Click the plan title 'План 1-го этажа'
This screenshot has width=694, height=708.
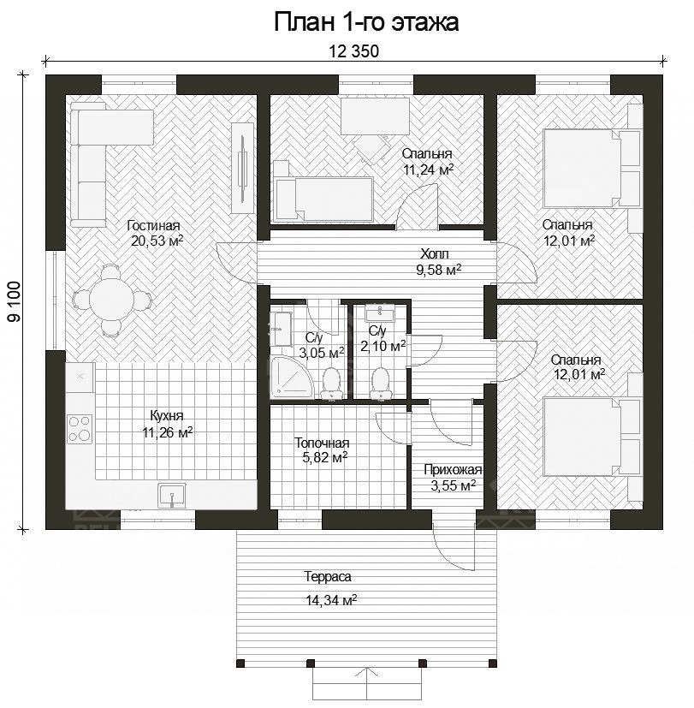coord(366,22)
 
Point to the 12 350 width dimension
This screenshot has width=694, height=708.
coord(353,51)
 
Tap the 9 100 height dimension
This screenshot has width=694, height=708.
coord(14,301)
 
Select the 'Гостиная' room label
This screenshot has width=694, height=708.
coord(153,225)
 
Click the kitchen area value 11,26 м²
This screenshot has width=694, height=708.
coord(168,432)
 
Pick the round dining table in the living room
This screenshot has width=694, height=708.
coord(110,299)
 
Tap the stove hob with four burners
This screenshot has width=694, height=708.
coord(80,428)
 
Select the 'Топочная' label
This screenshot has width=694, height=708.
coord(321,443)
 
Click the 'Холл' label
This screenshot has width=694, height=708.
coord(435,253)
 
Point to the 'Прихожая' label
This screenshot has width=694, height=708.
coord(453,470)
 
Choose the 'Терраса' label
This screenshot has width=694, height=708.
coord(328,577)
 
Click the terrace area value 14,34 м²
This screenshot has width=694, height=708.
coord(331,600)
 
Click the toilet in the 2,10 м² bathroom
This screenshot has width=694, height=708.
coord(381,383)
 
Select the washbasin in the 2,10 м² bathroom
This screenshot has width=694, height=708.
coord(381,312)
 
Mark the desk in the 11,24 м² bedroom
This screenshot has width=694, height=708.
coord(375,116)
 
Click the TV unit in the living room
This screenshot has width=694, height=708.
coord(243,168)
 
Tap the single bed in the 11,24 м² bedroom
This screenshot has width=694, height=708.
coord(323,199)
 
